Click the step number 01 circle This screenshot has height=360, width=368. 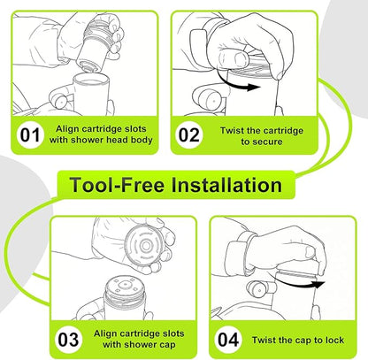click(x=30, y=135)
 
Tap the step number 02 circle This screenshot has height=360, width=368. click(x=189, y=135)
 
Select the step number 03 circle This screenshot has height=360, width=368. click(x=68, y=340)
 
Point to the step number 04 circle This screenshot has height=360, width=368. click(x=228, y=340)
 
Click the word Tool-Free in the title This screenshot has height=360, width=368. click(x=117, y=185)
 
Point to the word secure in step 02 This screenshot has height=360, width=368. click(x=269, y=142)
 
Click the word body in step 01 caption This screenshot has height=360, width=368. click(x=142, y=140)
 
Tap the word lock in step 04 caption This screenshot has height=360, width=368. click(x=334, y=340)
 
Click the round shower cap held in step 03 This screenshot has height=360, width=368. click(x=144, y=245)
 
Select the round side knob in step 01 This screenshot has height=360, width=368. click(x=60, y=101)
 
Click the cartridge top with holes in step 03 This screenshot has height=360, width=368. click(x=125, y=286)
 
